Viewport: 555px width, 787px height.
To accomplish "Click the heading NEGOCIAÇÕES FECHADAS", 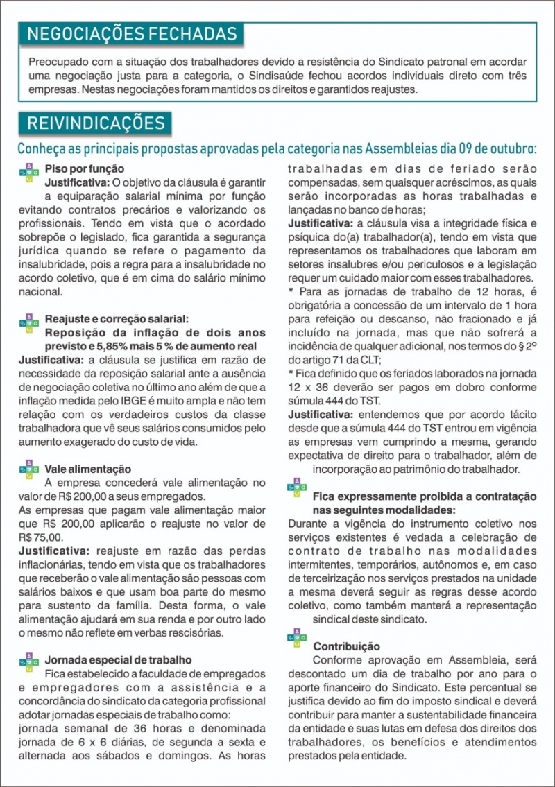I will (132, 34).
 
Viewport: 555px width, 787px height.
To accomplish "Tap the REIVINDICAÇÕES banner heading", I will (96, 123).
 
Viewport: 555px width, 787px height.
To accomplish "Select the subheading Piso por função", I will (85, 168).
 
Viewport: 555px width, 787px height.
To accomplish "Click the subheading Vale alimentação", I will (87, 469).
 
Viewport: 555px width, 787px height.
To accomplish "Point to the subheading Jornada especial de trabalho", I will (118, 660).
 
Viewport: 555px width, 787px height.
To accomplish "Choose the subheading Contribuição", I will (346, 646).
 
